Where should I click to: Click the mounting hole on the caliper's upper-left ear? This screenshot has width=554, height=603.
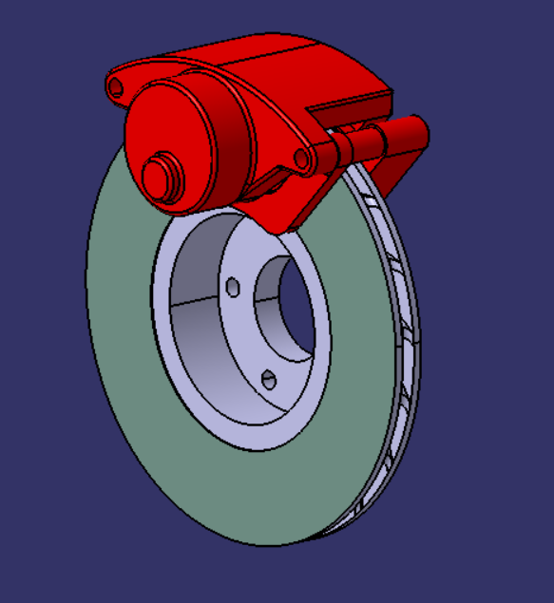pos(116,86)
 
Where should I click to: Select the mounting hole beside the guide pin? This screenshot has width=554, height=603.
pos(302,157)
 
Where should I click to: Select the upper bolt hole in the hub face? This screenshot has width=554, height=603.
pos(233,287)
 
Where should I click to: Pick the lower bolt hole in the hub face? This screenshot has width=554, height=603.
pos(268,380)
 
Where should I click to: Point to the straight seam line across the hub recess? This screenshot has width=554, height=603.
pos(200,302)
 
